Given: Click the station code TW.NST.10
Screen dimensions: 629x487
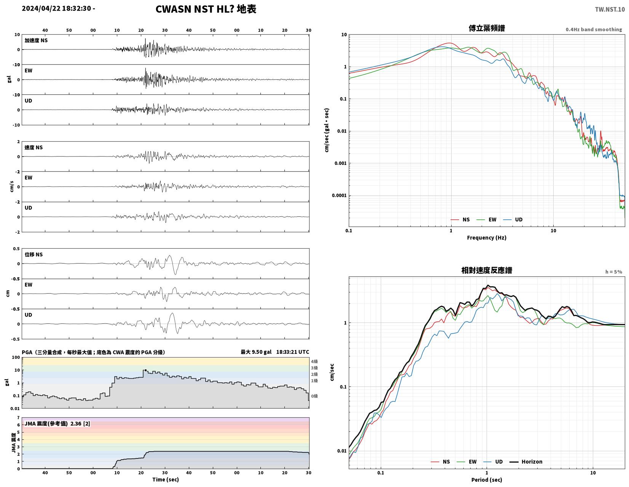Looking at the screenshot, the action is (609, 9).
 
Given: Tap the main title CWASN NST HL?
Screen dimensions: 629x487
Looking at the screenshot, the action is (194, 9).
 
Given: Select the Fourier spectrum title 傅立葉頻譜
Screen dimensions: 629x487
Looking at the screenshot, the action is (486, 28).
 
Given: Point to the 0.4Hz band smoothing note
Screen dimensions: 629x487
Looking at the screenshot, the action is (593, 29).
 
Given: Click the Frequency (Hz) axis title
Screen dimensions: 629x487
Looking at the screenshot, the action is (486, 238).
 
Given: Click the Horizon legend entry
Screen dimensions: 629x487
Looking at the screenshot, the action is (525, 461).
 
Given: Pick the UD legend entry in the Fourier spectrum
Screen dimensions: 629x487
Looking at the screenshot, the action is (512, 220).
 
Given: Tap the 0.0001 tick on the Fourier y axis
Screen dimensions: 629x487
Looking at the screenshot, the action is (339, 195).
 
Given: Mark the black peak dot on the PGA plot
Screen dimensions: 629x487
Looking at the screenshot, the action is (145, 370).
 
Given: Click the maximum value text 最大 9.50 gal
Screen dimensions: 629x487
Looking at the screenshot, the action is (256, 352).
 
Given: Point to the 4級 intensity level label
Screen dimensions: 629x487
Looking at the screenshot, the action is (314, 361).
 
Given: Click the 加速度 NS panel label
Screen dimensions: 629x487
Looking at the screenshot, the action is (36, 40).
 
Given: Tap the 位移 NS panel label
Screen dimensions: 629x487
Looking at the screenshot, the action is (34, 254).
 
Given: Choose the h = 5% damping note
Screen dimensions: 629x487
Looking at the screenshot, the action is (613, 272).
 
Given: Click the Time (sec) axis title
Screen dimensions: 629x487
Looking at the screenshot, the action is (166, 479).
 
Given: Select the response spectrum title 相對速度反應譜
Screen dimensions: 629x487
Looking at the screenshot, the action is (486, 270).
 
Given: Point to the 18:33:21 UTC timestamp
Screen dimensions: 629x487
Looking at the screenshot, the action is (292, 352).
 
